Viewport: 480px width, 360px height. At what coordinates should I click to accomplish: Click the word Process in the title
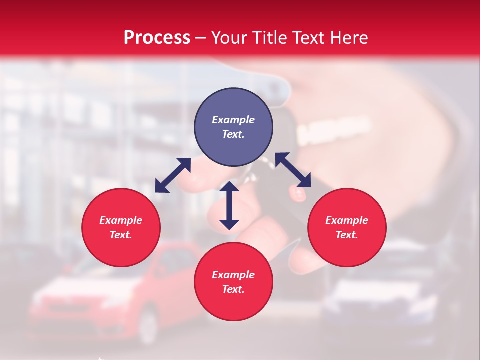[157, 38]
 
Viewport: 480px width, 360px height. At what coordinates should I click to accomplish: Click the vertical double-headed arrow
[229, 205]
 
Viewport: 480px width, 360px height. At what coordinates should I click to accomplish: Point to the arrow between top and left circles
[173, 175]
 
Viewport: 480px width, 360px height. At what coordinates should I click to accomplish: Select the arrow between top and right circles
[293, 170]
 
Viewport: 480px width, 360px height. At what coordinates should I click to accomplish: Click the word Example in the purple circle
[233, 120]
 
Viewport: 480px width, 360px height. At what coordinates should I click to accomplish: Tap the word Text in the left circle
[121, 235]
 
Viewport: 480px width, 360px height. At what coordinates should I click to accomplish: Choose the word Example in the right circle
[347, 220]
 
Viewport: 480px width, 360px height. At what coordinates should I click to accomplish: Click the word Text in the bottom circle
[233, 289]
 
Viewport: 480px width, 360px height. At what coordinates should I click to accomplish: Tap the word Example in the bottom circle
[233, 275]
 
